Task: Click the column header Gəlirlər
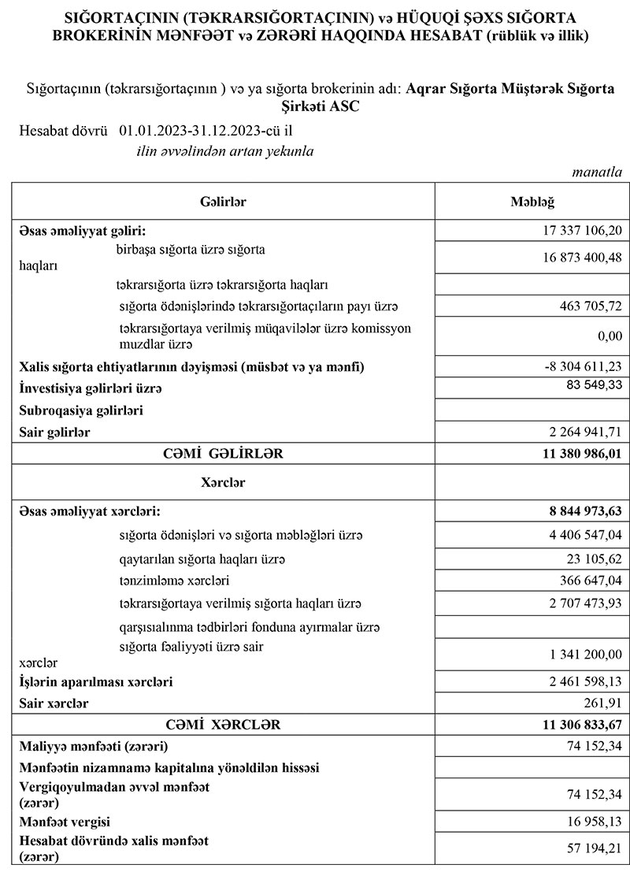[x=223, y=202]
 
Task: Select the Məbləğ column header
[x=533, y=202]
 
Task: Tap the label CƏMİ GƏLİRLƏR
[x=224, y=455]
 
